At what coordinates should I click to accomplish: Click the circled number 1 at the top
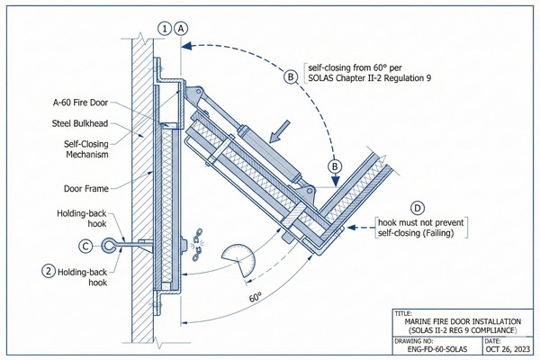pyautogui.click(x=164, y=28)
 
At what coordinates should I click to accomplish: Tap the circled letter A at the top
pyautogui.click(x=182, y=28)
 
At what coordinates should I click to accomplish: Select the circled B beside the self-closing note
pyautogui.click(x=291, y=78)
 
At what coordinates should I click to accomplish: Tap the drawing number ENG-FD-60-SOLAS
pyautogui.click(x=433, y=350)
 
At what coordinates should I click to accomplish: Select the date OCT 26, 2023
pyautogui.click(x=506, y=350)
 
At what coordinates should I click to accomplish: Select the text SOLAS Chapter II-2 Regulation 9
pyautogui.click(x=377, y=78)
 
